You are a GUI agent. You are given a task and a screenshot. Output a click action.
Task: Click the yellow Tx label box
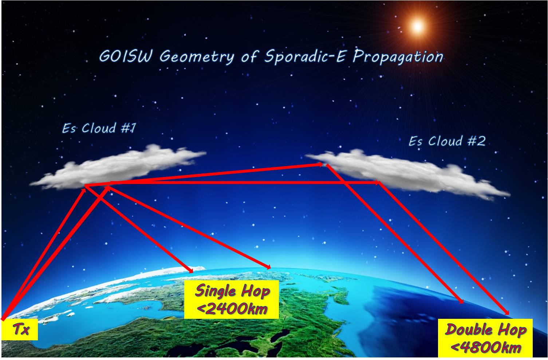coord(20,329)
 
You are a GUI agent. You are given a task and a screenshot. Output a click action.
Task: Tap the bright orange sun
coord(418,26)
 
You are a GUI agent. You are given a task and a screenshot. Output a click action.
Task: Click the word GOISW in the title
coord(126,56)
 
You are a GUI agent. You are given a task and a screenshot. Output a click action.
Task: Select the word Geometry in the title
coord(197,57)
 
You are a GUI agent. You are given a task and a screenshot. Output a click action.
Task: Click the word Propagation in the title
coord(398,57)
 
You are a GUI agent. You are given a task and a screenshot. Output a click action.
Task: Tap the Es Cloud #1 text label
coord(99,128)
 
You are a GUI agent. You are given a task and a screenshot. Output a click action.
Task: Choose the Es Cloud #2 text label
coord(447,141)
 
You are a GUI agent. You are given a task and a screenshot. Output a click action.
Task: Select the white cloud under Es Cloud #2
coord(408,174)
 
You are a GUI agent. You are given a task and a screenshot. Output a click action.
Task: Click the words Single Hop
coord(232,291)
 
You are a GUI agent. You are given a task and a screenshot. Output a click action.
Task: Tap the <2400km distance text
coord(232,309)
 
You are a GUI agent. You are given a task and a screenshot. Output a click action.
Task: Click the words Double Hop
coord(485,329)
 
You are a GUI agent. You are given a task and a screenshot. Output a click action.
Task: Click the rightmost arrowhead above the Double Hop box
coord(506,312)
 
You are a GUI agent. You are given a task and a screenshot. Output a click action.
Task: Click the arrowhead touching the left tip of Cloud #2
coord(320,164)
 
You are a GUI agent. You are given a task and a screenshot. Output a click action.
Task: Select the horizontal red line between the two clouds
coord(232,183)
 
